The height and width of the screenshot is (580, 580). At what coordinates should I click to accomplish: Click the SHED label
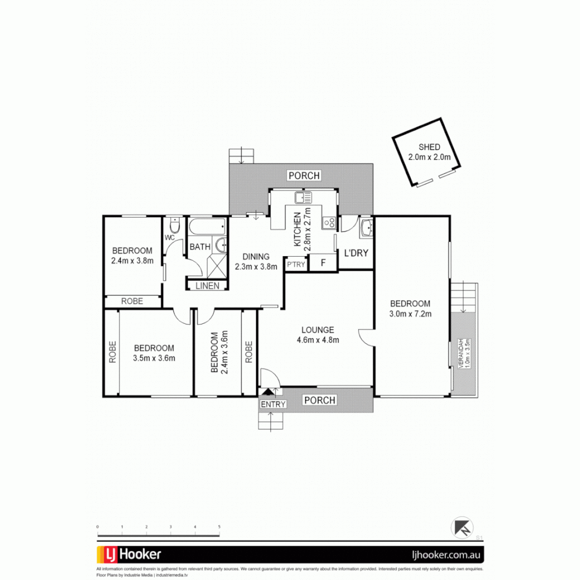point(429,147)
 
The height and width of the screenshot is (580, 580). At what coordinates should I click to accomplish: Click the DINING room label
point(255,257)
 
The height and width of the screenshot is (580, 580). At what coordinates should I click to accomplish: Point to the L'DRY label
point(356,252)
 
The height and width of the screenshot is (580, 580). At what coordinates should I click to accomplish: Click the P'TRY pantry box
point(295,264)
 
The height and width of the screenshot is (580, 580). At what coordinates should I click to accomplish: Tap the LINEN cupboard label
point(207,286)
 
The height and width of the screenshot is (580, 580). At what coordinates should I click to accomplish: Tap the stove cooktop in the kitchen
point(329,221)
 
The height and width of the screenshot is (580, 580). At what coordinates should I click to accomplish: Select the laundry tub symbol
point(367,228)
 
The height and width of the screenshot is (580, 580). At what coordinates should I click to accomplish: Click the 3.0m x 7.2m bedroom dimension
point(410,314)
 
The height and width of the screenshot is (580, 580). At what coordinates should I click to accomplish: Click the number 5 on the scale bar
point(219,527)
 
